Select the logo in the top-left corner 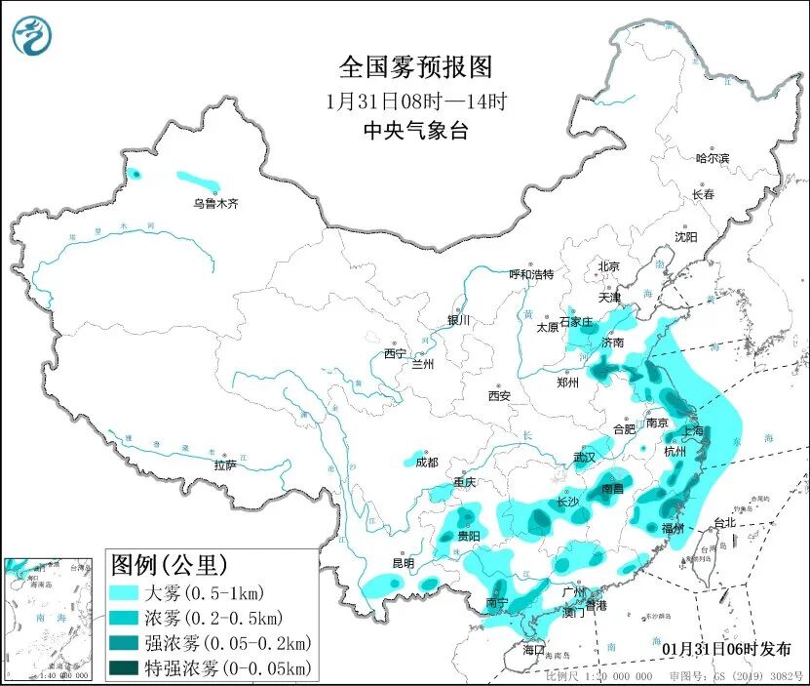[x=32, y=35]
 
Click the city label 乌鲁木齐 [x=214, y=204]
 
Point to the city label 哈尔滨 [x=712, y=158]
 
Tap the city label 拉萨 [x=225, y=465]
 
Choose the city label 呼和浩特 [x=531, y=274]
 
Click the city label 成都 [x=427, y=463]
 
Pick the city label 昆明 [x=403, y=563]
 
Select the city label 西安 [x=499, y=396]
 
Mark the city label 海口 [x=532, y=650]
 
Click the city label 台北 [x=726, y=523]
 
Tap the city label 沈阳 [x=686, y=237]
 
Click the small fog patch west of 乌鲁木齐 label [x=135, y=174]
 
